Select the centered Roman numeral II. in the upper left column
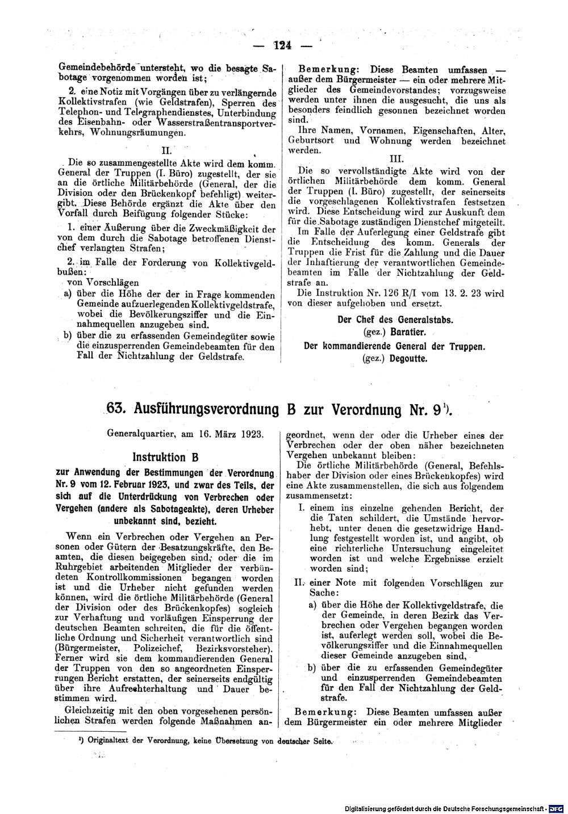tap(166, 151)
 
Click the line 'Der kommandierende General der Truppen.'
tap(395, 345)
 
